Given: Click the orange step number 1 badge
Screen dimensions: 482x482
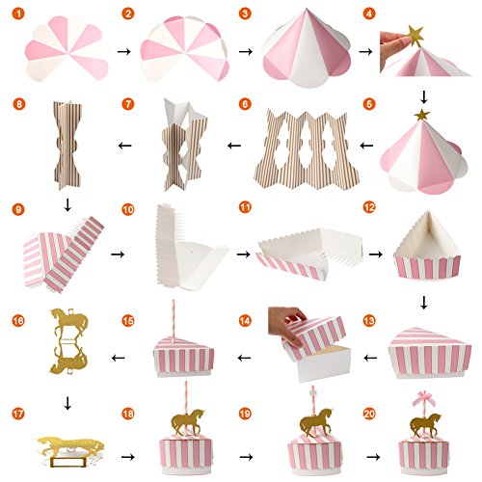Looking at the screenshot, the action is click(x=18, y=13).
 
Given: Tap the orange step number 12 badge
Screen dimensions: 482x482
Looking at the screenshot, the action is click(x=369, y=207).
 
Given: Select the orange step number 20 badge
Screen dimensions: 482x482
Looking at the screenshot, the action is click(x=369, y=414).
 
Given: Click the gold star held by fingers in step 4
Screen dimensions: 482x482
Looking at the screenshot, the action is click(x=415, y=35).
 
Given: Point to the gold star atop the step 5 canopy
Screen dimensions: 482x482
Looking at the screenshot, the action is click(x=422, y=115).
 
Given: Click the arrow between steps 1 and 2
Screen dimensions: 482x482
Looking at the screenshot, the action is click(x=124, y=51).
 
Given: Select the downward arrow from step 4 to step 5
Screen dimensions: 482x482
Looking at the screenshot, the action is click(x=424, y=97).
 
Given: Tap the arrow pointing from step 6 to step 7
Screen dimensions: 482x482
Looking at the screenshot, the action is click(x=234, y=146).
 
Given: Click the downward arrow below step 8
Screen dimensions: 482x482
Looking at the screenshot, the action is click(x=67, y=205).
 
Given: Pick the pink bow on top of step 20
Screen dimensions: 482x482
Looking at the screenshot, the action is click(x=424, y=399).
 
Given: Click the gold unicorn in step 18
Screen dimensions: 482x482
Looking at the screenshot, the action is click(x=188, y=420).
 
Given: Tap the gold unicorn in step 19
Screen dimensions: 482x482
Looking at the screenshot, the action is click(x=316, y=421).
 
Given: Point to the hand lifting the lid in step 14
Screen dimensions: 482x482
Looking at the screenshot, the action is click(x=286, y=324).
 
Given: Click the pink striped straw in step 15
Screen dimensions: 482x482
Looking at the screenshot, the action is click(x=174, y=321).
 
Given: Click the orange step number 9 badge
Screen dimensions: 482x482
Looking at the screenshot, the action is click(x=18, y=209).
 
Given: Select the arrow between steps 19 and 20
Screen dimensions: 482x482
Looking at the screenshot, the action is click(x=373, y=457).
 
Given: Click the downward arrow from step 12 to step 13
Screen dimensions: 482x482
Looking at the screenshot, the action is click(x=424, y=303).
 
